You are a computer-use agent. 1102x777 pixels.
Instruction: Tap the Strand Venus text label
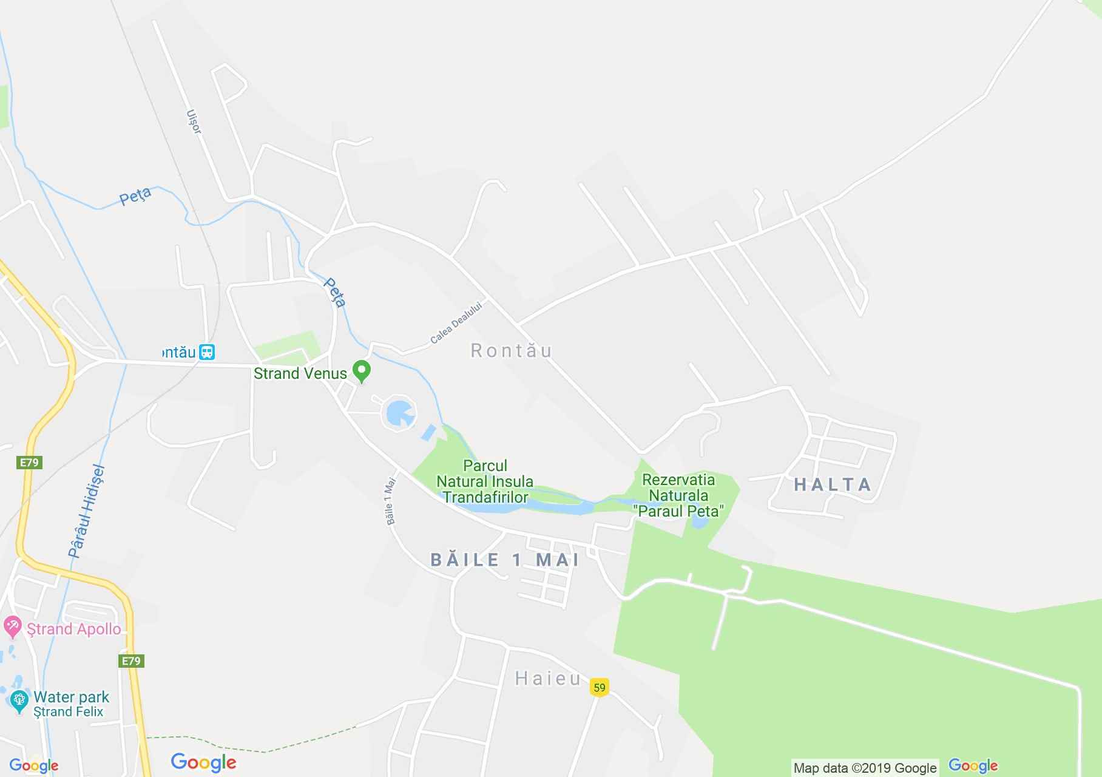300,373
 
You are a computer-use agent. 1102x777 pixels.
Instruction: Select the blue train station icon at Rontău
208,352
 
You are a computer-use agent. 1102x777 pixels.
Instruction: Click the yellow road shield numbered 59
599,688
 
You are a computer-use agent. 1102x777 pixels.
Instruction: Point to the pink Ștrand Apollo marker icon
12,626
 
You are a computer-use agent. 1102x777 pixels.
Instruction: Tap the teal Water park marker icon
19,702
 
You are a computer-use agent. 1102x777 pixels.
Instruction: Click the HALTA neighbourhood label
833,484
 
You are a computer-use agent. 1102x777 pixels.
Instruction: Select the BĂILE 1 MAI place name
505,560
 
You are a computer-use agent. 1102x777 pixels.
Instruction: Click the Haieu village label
548,679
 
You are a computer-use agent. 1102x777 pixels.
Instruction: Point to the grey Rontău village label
512,351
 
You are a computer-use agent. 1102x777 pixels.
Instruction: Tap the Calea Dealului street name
456,323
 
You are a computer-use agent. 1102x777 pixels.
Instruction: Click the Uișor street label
194,121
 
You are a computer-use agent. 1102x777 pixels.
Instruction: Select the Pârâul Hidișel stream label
87,511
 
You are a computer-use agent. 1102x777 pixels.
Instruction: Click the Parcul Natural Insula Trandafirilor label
485,481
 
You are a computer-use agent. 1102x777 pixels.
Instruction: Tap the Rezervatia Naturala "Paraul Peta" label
678,495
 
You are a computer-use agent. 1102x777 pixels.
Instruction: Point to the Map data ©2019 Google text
865,768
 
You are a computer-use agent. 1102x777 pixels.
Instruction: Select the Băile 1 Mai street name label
390,501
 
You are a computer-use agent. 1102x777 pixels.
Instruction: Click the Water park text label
72,697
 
